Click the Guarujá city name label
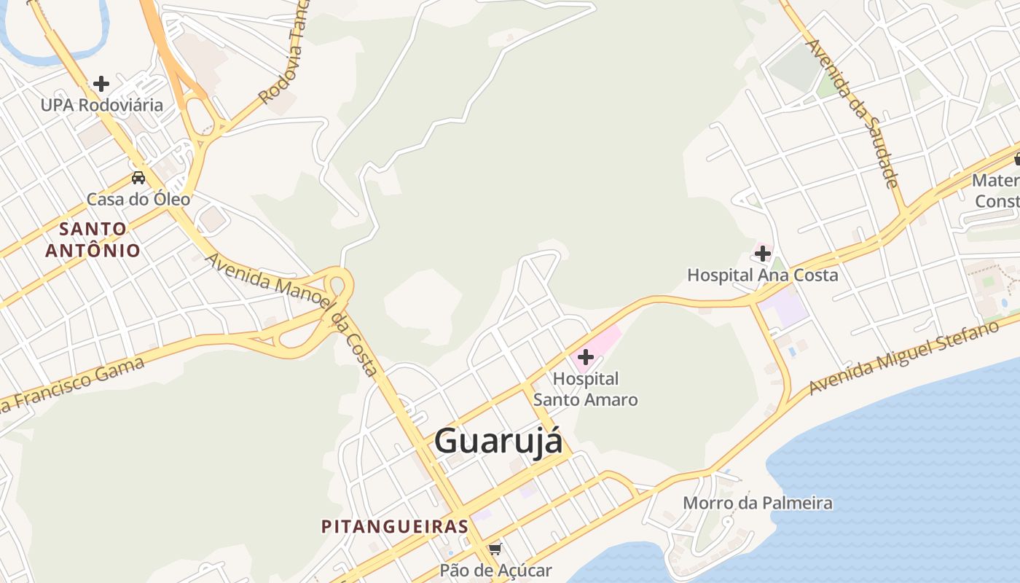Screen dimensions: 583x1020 (x=498, y=442)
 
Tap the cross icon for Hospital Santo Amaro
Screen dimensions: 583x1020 (x=585, y=357)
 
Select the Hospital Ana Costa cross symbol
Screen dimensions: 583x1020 (x=763, y=254)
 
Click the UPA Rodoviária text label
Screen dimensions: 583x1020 (x=102, y=105)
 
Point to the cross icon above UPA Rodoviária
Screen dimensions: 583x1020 (x=101, y=84)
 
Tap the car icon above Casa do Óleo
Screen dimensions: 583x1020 (x=138, y=177)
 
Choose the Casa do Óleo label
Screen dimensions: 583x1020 (x=138, y=199)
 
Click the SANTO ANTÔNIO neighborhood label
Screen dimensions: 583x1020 (x=93, y=240)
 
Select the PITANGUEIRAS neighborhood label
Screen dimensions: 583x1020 (x=394, y=526)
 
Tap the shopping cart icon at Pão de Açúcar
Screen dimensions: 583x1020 (x=495, y=549)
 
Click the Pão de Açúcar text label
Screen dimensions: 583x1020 (x=495, y=571)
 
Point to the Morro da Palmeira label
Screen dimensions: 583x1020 (x=757, y=503)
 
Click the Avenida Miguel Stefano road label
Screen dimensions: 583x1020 (x=903, y=357)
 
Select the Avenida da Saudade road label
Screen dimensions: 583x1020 (x=852, y=113)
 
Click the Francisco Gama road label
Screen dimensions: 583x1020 (x=73, y=384)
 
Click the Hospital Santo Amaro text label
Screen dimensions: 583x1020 (x=586, y=389)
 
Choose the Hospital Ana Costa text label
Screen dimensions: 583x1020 (x=763, y=275)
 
